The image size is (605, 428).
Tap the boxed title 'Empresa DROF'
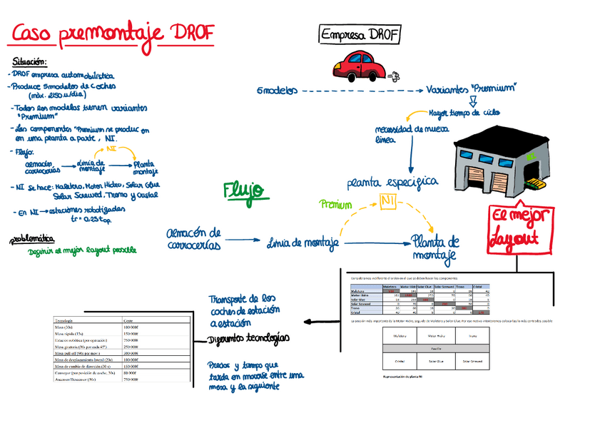tap(360, 35)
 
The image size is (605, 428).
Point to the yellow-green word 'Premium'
tap(336, 205)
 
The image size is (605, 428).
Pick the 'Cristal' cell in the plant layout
tap(400, 362)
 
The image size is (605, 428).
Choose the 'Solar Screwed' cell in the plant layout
tap(473, 362)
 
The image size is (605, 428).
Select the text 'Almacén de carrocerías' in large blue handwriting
tap(193, 239)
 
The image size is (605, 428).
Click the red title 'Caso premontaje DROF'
tap(113, 33)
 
